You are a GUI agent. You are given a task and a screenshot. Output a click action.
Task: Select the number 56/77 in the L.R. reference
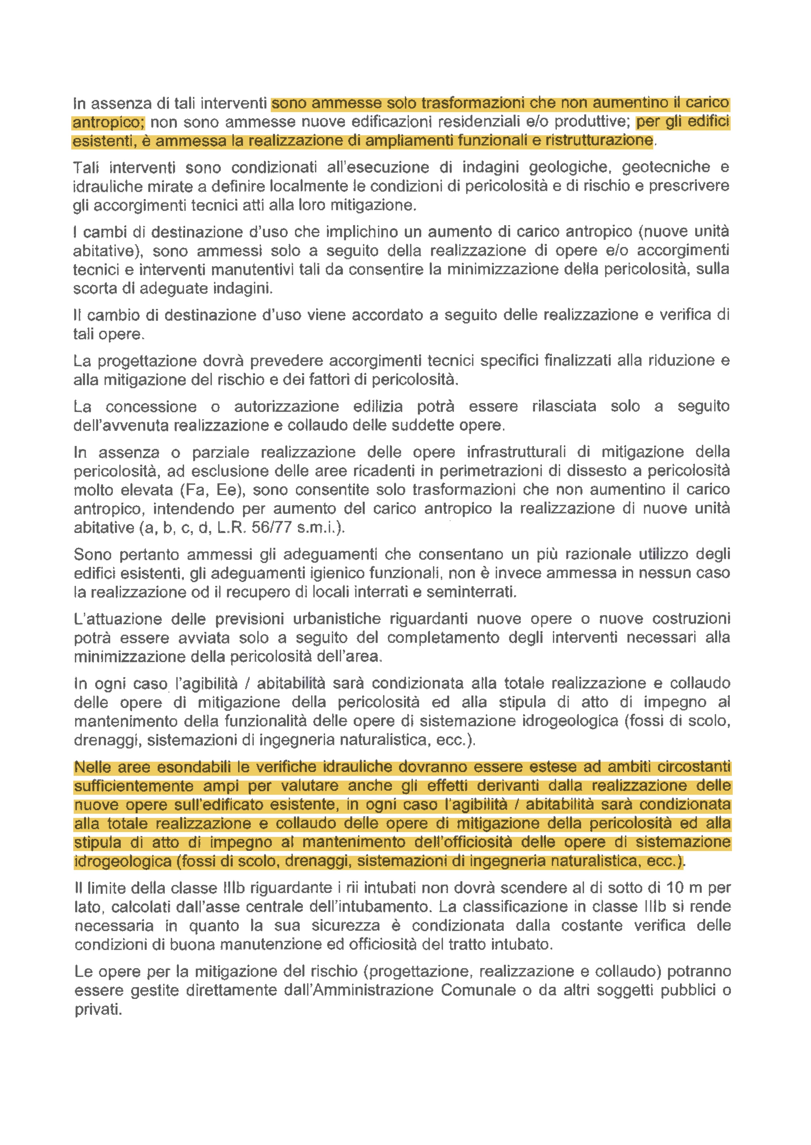(x=272, y=528)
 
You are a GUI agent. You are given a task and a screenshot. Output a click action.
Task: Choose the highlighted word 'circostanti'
(x=694, y=766)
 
